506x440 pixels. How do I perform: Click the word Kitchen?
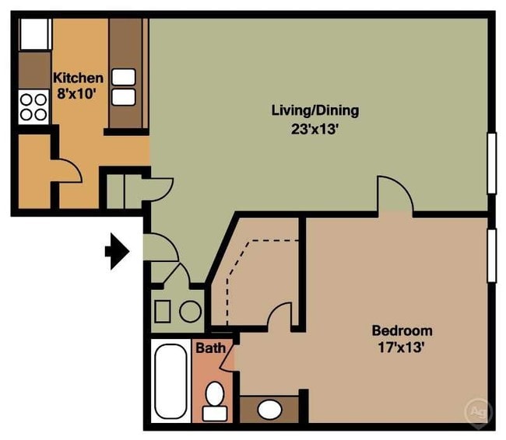[x=77, y=78]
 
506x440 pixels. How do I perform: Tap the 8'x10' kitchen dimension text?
[x=77, y=93]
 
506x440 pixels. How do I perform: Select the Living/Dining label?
[x=314, y=110]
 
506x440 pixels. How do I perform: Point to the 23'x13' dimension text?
[x=314, y=130]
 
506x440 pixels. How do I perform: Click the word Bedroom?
[x=401, y=330]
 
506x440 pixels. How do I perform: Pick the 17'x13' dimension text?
[x=401, y=348]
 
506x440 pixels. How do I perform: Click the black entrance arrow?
[x=118, y=251]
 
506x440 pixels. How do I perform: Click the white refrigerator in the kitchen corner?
[x=33, y=33]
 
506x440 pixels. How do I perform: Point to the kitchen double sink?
[x=124, y=86]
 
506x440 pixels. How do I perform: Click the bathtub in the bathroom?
[x=169, y=382]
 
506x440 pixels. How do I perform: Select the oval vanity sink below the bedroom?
[x=270, y=408]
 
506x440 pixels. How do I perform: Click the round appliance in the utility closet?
[x=191, y=312]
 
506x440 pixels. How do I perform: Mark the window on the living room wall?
[x=492, y=162]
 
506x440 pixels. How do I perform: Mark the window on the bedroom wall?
[x=492, y=256]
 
